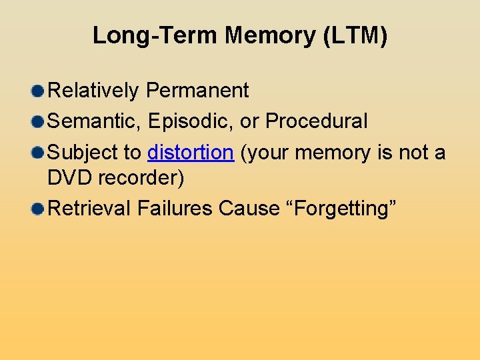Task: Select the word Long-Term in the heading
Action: click(156, 35)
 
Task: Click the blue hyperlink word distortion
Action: click(191, 153)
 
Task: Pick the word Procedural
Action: click(317, 121)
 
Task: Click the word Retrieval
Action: click(91, 209)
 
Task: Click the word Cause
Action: click(249, 209)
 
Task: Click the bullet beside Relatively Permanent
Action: click(39, 91)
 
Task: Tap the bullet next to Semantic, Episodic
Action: click(39, 122)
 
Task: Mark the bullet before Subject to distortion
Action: click(39, 153)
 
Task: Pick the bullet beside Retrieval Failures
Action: click(39, 209)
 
